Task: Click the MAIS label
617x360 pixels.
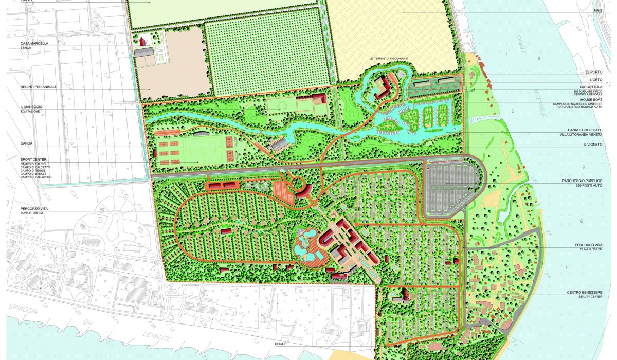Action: (598, 10)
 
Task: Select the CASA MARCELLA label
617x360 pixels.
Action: (34, 44)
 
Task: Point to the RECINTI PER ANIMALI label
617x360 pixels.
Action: (38, 87)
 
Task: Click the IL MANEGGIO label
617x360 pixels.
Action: (32, 107)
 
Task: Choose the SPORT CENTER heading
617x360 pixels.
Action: (34, 160)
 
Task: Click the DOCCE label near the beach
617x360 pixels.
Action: (281, 344)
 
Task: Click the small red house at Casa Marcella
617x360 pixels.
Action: (142, 40)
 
